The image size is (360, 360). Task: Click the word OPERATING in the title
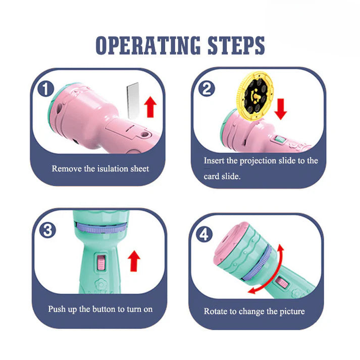148,45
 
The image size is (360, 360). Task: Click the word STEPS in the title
236,45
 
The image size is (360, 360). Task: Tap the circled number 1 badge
46,89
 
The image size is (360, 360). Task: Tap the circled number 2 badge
207,88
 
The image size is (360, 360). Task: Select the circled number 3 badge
47,230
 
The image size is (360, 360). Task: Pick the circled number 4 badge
204,234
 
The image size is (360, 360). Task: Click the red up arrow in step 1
150,107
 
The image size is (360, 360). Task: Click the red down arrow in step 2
281,109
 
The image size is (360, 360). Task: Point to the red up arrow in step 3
134,261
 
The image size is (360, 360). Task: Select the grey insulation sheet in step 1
133,100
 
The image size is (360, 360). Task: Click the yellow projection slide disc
255,96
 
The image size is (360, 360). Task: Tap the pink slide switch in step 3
101,262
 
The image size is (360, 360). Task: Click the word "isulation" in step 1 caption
113,169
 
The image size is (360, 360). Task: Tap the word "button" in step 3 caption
104,309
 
